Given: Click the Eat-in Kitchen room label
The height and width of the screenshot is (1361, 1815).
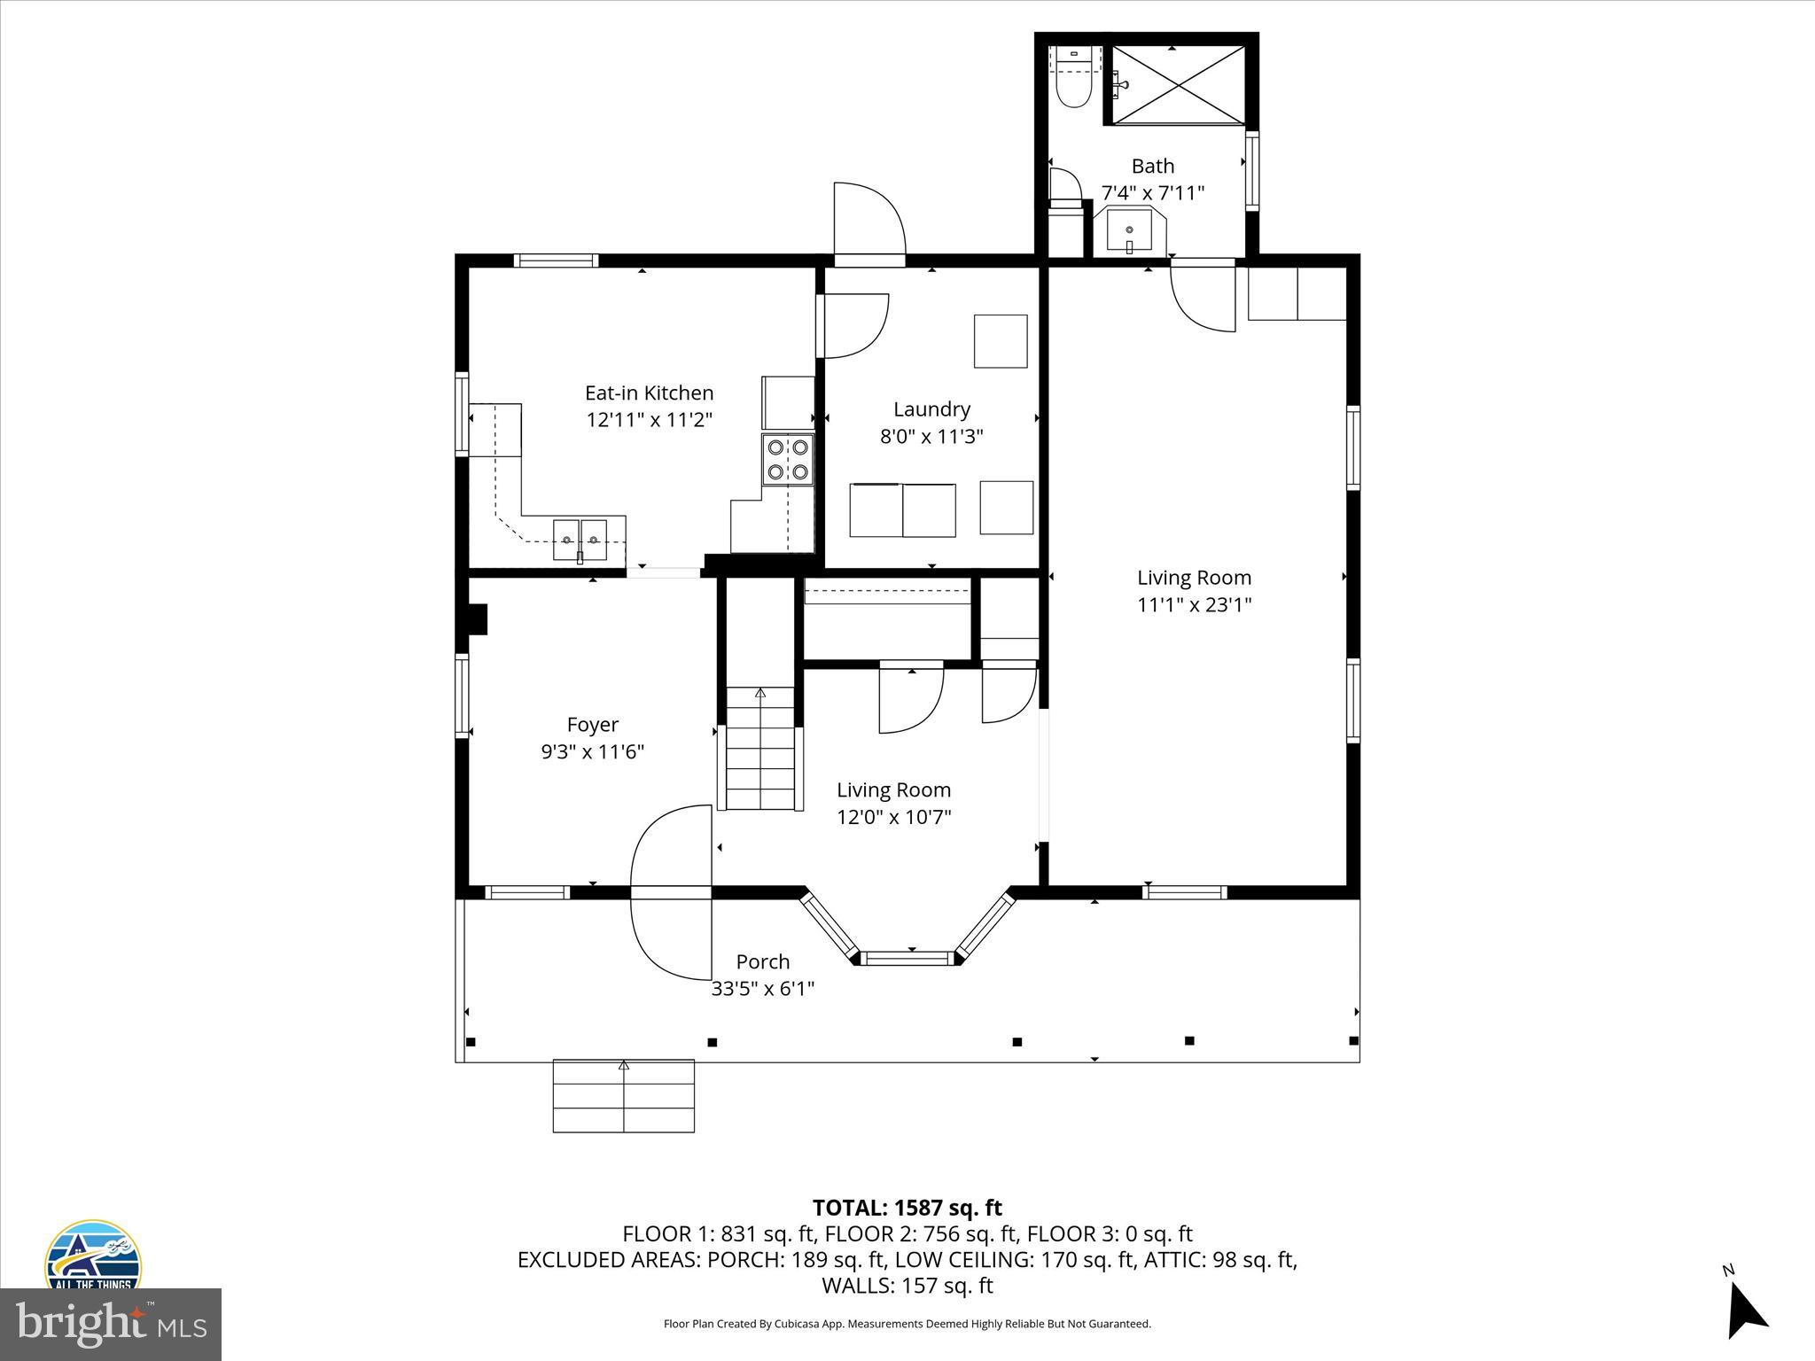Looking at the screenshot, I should (649, 393).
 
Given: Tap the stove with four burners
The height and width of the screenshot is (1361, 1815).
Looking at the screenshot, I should (788, 459).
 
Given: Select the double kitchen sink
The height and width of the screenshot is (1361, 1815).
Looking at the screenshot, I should (580, 539).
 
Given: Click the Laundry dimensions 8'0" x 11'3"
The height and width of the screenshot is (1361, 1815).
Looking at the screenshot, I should (931, 436).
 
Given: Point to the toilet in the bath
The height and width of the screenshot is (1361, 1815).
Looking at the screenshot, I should (1073, 89).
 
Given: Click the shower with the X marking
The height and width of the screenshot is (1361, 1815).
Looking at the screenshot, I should (1179, 85).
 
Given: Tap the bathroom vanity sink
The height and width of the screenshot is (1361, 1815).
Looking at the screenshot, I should (1129, 231).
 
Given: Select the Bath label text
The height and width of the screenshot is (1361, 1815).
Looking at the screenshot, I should (1153, 166).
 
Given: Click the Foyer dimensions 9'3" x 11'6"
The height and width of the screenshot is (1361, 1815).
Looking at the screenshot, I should (592, 751).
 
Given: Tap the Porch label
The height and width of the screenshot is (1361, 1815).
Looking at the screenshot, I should (762, 961).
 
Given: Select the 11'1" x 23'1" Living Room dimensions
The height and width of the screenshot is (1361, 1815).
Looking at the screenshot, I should (1194, 604).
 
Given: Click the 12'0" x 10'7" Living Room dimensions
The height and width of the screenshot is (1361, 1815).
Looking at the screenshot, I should (893, 816).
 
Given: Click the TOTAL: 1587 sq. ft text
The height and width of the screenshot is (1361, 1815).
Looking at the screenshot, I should (907, 1208).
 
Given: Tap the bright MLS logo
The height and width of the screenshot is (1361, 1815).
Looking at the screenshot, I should (110, 1324).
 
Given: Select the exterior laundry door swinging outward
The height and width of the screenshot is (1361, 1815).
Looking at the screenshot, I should (869, 222).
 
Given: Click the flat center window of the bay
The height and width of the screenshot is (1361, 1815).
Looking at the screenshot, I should (909, 957).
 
